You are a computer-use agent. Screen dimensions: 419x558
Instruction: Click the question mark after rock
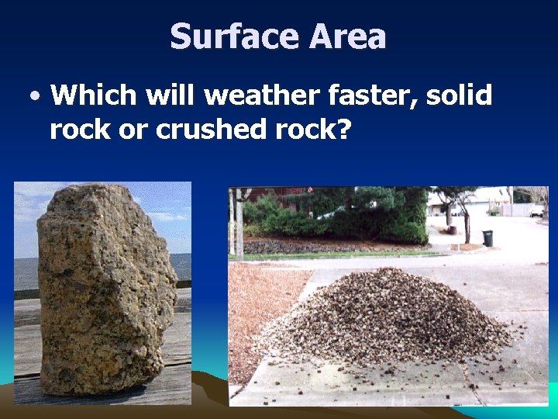point(343,130)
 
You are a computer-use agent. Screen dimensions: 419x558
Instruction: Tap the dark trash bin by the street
point(487,238)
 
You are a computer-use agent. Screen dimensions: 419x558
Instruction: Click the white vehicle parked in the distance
point(536,210)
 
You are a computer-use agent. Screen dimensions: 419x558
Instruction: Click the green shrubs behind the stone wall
point(341,217)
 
